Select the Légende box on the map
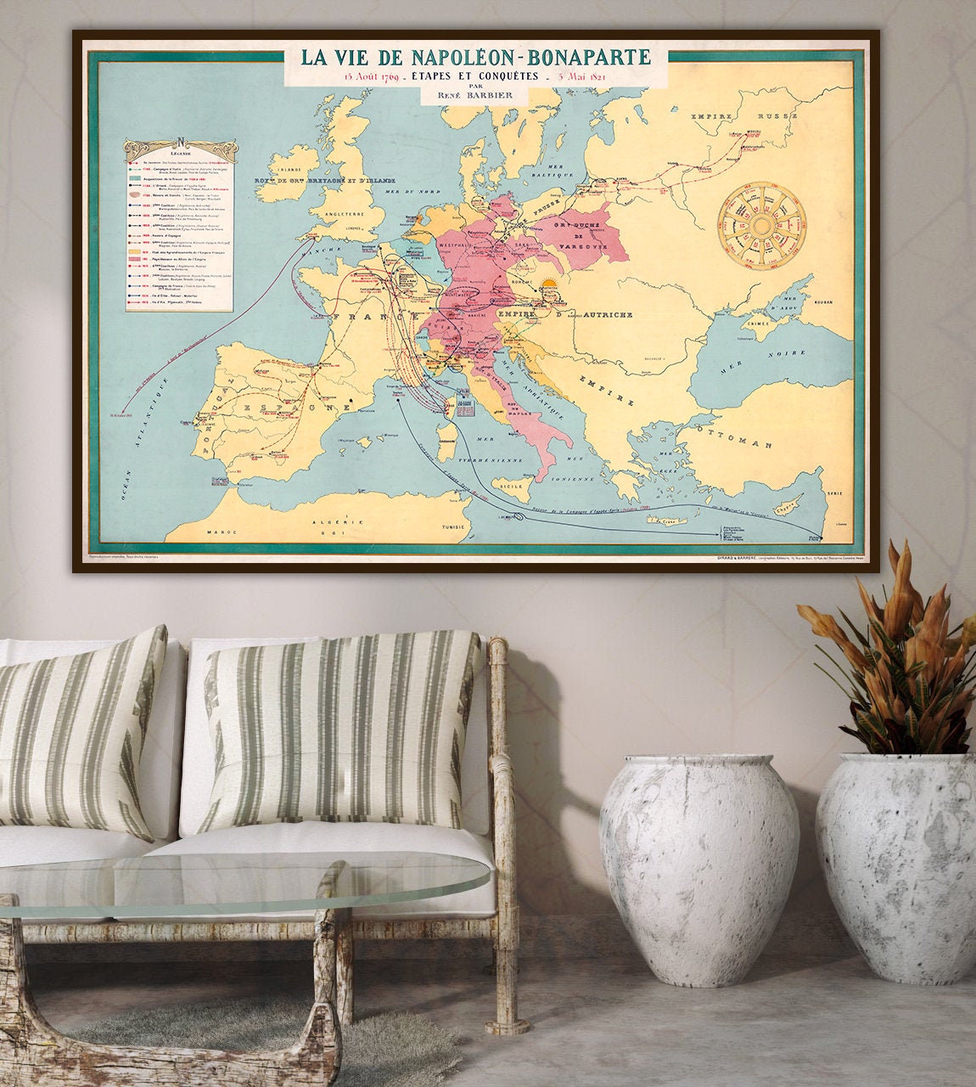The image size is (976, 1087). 179,225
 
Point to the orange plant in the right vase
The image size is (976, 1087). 900,654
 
